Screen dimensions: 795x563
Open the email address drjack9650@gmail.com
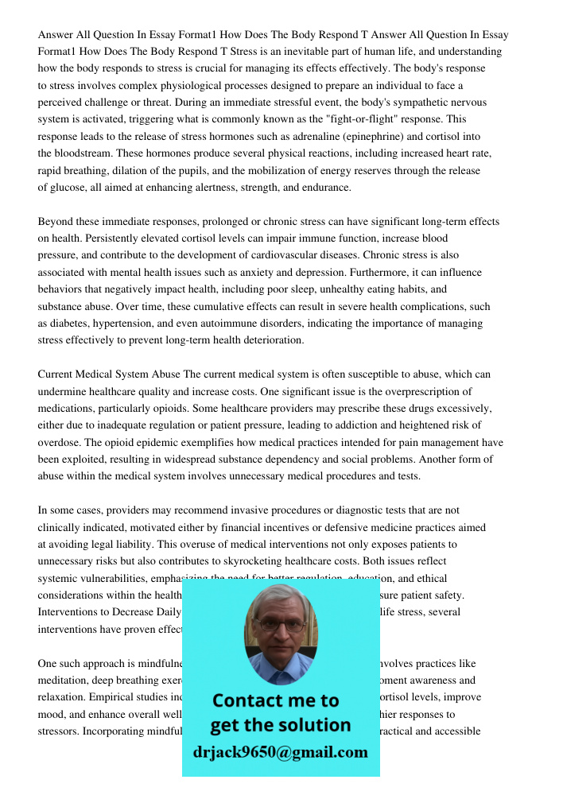point(281,752)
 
